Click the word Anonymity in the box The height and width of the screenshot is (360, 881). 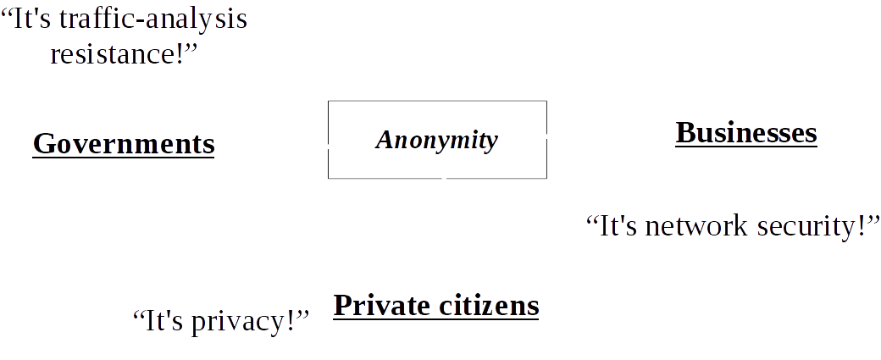436,140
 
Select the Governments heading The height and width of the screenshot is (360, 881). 124,143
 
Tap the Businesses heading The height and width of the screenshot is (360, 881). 745,132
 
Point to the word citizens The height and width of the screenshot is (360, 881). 492,305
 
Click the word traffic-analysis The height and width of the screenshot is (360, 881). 154,19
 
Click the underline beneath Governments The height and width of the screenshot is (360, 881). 124,157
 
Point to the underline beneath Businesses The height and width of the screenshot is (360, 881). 745,147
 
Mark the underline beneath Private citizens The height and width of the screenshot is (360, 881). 436,318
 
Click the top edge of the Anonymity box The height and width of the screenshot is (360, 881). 437,102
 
